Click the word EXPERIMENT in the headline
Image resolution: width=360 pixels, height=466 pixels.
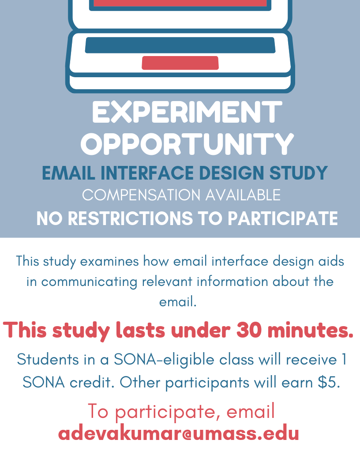187,112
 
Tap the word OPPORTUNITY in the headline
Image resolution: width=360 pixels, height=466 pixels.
187,144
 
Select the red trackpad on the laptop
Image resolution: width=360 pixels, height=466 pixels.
180,63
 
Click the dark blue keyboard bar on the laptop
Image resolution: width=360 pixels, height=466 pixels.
180,45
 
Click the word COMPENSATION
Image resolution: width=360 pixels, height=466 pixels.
141,195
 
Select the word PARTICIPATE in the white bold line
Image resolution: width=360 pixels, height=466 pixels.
283,218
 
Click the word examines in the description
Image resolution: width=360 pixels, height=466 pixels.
109,262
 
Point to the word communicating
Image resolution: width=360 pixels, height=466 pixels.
89,282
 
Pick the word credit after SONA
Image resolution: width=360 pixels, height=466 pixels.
92,383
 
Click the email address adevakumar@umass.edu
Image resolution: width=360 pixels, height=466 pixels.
179,434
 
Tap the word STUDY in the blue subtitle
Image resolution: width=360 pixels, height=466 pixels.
299,173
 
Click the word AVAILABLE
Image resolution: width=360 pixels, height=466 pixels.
243,195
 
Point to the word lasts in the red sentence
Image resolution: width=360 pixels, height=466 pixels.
140,330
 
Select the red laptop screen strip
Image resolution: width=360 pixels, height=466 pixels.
180,3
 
